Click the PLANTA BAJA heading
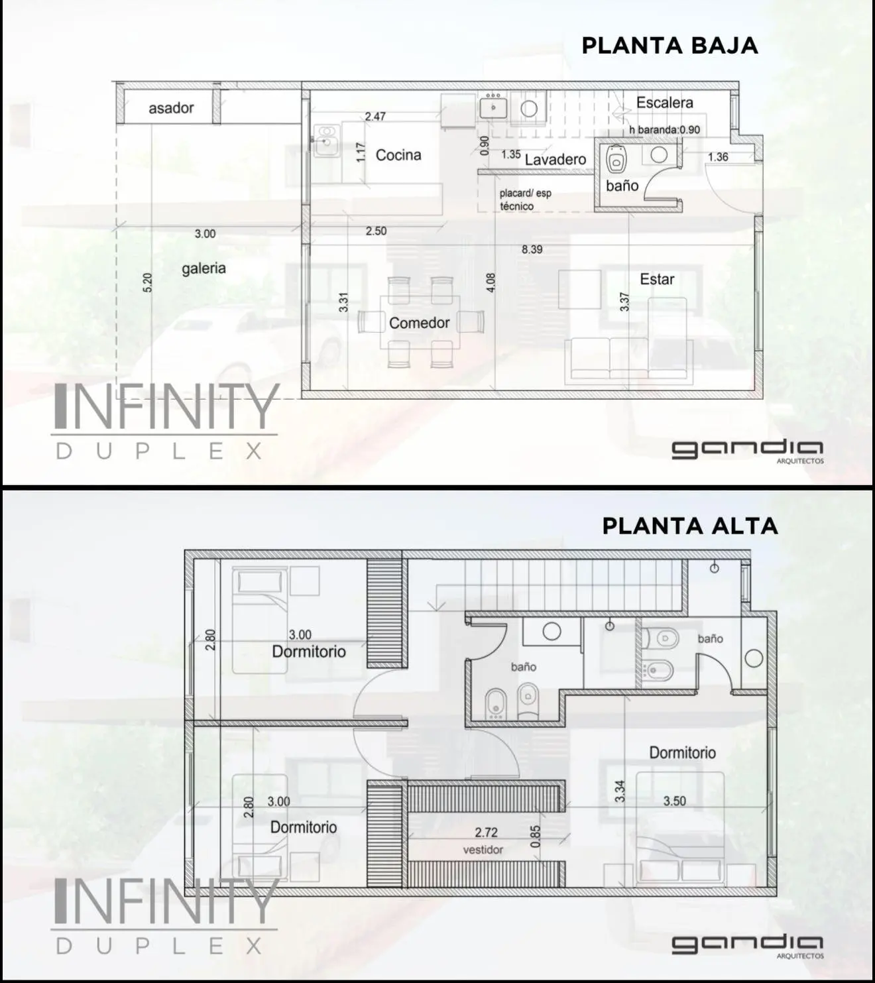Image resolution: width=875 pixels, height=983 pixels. pos(670,46)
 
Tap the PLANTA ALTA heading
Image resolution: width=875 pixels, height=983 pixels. pos(689,526)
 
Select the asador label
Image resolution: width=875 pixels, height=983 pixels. pos(171,108)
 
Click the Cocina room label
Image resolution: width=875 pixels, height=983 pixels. pos(398,155)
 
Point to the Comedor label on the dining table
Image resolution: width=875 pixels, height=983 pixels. pos(420,323)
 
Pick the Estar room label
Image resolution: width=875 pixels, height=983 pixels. pos(657,279)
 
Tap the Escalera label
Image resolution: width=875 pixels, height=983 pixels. pos(664,102)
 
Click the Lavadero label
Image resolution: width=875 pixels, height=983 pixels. pos(555,159)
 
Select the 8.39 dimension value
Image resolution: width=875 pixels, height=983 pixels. pos(532,249)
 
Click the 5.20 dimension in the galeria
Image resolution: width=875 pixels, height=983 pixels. pos(148,282)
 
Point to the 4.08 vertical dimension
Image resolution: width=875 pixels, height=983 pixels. pos(491,282)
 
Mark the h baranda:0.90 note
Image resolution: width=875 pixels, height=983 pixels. pos(664,130)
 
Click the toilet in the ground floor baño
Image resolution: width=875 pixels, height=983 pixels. pos(616,158)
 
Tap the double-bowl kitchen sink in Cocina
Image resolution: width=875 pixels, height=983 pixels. pos(326,141)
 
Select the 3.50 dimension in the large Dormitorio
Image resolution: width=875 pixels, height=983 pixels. pos(675,801)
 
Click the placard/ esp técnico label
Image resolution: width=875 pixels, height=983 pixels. pos(526,200)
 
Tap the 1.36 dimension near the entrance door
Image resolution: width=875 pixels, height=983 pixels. pos(718,156)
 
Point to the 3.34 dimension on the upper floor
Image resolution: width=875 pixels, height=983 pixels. pos(620,791)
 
